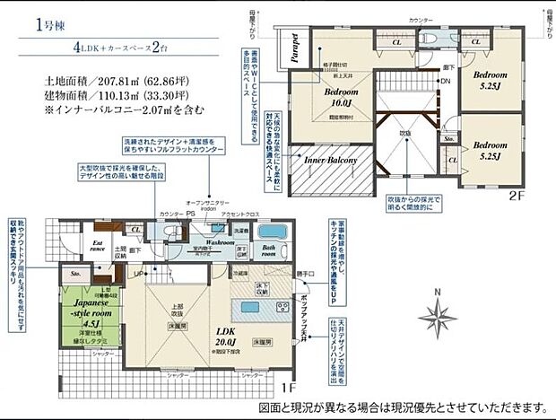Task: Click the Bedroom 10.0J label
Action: coord(339,97)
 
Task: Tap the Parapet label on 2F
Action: coord(294,50)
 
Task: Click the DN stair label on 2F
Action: coord(443,81)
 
